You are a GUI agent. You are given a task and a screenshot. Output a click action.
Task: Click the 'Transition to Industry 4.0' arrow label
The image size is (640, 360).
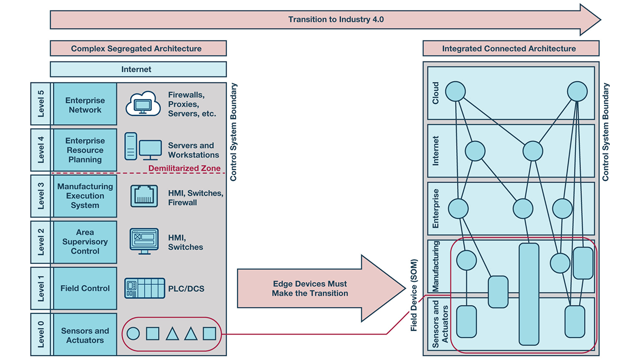[335, 20]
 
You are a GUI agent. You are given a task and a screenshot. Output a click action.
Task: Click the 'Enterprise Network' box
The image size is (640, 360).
[85, 105]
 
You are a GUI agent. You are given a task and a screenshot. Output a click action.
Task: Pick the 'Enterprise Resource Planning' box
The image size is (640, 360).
[85, 150]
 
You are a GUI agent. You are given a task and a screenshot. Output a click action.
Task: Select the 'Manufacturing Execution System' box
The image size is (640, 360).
[85, 196]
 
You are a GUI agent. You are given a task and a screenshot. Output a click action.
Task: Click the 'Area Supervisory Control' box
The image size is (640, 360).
[85, 242]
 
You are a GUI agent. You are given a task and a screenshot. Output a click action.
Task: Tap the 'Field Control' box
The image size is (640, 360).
[85, 288]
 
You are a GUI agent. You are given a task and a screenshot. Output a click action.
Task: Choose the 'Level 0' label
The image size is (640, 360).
[41, 334]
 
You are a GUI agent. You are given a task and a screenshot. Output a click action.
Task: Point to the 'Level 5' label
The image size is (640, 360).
[41, 104]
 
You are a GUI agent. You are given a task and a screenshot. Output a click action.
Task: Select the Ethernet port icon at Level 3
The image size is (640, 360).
[144, 196]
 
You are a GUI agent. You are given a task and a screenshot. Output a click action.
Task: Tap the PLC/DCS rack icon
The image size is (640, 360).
[144, 288]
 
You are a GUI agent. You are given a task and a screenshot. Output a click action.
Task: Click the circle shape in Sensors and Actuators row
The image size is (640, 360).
[133, 334]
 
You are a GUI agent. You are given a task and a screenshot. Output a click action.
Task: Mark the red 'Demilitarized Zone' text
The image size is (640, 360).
[184, 168]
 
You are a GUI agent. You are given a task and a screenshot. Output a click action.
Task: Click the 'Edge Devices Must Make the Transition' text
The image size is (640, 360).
[309, 289]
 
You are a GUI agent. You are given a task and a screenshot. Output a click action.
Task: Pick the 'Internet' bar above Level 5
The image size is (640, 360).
[136, 69]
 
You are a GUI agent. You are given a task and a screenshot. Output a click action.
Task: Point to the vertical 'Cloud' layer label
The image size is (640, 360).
[435, 93]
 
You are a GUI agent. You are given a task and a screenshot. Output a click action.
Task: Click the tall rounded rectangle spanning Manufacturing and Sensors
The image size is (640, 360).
[528, 294]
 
